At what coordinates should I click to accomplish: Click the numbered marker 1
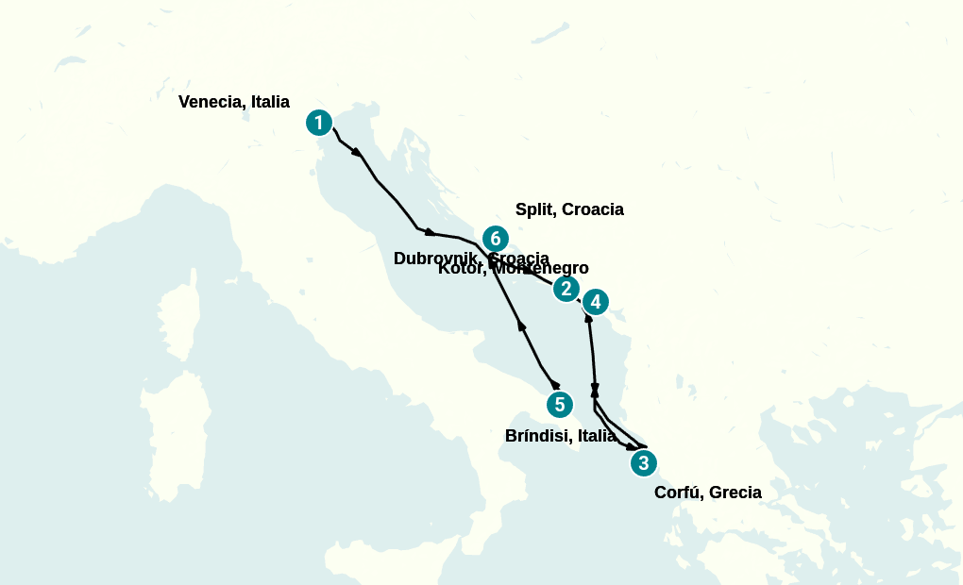[x=319, y=123]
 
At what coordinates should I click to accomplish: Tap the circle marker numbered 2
[x=566, y=289]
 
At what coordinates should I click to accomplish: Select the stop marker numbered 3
[x=643, y=463]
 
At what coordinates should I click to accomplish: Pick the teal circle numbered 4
[x=595, y=302]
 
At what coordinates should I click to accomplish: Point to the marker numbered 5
[x=560, y=405]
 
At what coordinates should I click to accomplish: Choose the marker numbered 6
[x=495, y=239]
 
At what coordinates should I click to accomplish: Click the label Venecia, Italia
[x=233, y=102]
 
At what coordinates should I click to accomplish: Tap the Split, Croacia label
[x=569, y=209]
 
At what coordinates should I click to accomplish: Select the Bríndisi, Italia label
[x=561, y=436]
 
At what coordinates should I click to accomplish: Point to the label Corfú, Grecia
[x=707, y=492]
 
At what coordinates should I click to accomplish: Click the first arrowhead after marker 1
[x=357, y=151]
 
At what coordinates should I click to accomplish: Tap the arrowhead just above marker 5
[x=555, y=384]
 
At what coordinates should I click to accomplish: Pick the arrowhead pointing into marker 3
[x=631, y=446]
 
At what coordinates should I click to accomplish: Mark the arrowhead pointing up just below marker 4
[x=589, y=319]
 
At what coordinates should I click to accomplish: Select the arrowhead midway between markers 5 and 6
[x=521, y=326]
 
